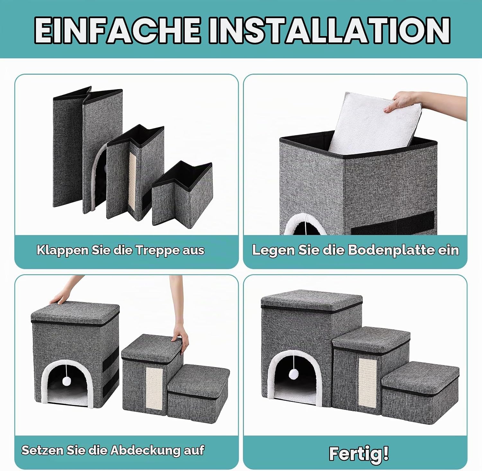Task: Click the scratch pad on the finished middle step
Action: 369,381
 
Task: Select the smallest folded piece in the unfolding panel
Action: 182,193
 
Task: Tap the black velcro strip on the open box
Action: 393,222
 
